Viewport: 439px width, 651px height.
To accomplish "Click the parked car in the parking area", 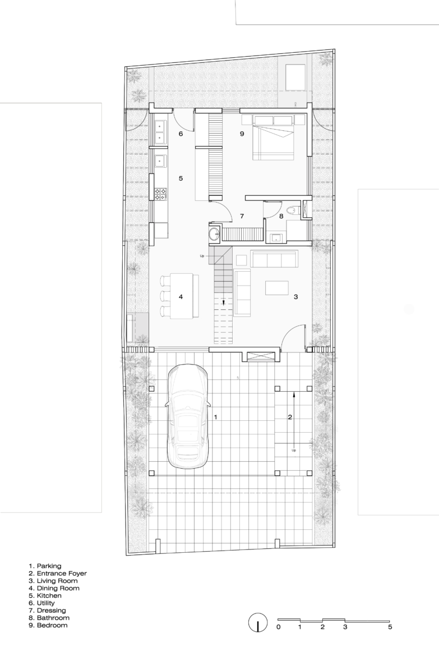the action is [x=188, y=417].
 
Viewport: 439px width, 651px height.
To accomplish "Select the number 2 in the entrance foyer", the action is [x=290, y=417].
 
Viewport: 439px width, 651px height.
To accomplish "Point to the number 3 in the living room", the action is [x=295, y=297].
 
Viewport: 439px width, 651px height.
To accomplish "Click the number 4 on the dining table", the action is [x=181, y=297].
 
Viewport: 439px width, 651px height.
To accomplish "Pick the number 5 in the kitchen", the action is [x=181, y=178].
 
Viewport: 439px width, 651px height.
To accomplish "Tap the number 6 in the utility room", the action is [x=181, y=134].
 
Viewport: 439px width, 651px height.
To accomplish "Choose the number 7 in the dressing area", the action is [x=242, y=216].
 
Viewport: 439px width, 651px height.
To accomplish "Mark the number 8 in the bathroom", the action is [x=281, y=216].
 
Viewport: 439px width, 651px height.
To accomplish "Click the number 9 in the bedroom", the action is [x=242, y=134].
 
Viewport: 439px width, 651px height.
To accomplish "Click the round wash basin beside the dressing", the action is [x=215, y=234].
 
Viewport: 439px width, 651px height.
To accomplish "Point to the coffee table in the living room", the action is [x=277, y=288].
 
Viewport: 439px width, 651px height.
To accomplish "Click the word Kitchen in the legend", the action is [x=49, y=596].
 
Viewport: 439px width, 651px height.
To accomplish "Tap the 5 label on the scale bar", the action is [x=390, y=627].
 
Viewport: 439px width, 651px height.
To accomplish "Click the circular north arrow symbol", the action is [x=258, y=623].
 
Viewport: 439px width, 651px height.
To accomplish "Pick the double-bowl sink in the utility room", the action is [x=160, y=131].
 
